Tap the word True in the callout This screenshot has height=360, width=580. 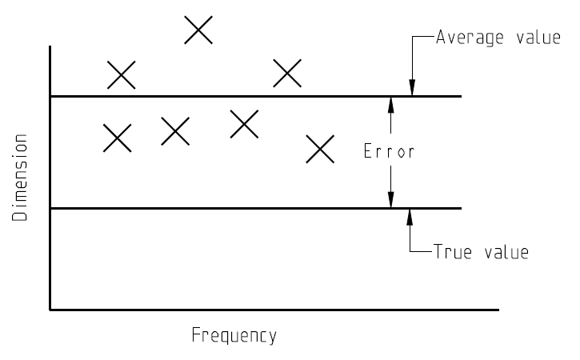pos(452,251)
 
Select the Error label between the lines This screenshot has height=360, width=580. pos(389,151)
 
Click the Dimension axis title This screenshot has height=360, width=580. pos(20,178)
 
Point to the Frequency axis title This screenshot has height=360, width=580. pos(234,335)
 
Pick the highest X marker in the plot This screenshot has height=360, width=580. pos(198,30)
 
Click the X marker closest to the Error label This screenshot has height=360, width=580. pos(320,149)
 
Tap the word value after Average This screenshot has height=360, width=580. pos(538,38)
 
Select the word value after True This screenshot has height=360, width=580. pos(506,252)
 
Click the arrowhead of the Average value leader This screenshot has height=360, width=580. pos(412,87)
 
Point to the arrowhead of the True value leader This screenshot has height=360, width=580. pos(410,218)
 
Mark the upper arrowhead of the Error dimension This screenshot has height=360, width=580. pos(390,105)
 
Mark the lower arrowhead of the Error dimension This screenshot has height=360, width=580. pos(390,199)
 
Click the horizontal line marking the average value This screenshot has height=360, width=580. pos(256,96)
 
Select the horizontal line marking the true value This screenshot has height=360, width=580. pos(256,209)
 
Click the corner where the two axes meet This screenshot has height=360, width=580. pos(50,310)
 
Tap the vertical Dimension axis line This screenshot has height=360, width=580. pos(50,178)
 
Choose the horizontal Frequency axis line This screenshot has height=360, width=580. pos(274,310)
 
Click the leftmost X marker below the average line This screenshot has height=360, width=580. pos(118,138)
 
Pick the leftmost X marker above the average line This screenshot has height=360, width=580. pos(122,75)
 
